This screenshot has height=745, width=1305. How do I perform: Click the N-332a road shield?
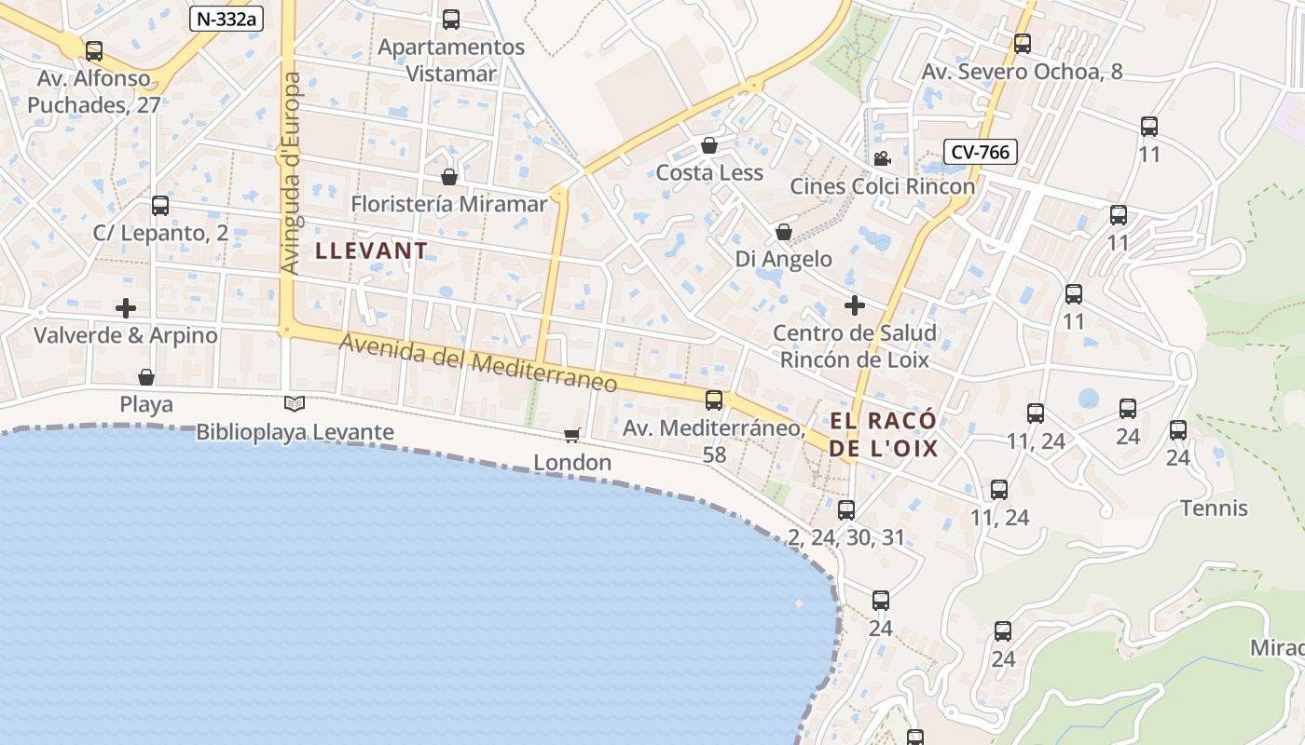pyautogui.click(x=227, y=19)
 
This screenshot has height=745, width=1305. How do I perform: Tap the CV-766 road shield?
pyautogui.click(x=981, y=152)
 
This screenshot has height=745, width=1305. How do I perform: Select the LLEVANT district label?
pyautogui.click(x=372, y=251)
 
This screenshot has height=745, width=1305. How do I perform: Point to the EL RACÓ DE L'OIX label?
pyautogui.click(x=884, y=435)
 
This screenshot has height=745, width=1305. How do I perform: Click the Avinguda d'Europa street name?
pyautogui.click(x=291, y=173)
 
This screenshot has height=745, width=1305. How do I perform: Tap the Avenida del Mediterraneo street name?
pyautogui.click(x=478, y=362)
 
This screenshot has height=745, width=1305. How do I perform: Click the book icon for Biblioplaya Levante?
pyautogui.click(x=295, y=404)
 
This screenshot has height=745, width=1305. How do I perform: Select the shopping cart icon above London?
pyautogui.click(x=572, y=435)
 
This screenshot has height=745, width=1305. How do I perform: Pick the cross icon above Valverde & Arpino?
pyautogui.click(x=126, y=307)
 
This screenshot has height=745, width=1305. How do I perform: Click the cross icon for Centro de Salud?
pyautogui.click(x=855, y=305)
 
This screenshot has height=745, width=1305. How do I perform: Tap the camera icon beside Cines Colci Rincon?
pyautogui.click(x=882, y=158)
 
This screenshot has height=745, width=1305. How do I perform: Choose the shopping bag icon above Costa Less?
pyautogui.click(x=709, y=145)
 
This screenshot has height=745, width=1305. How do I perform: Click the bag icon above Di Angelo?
pyautogui.click(x=784, y=231)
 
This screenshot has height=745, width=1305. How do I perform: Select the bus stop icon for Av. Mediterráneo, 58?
pyautogui.click(x=714, y=400)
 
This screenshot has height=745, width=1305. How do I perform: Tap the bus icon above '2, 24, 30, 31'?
pyautogui.click(x=846, y=509)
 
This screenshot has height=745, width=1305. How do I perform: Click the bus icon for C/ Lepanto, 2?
pyautogui.click(x=160, y=206)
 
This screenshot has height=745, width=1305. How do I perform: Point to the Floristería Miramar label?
pyautogui.click(x=449, y=204)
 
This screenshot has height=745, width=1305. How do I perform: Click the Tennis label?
pyautogui.click(x=1214, y=508)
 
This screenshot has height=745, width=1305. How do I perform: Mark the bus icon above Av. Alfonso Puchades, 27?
pyautogui.click(x=94, y=51)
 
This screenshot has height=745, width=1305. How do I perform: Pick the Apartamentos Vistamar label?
pyautogui.click(x=452, y=60)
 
